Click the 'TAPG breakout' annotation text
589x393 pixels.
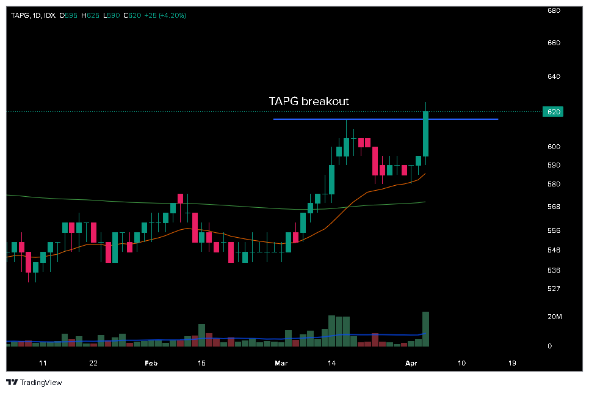point(309,101)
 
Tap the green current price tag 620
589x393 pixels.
point(554,112)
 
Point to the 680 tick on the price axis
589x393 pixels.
point(554,10)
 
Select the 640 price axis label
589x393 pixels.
point(554,76)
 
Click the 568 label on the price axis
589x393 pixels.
point(554,207)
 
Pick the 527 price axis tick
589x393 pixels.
point(554,288)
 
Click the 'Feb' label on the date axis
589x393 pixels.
point(151,362)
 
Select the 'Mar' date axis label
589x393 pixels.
point(281,362)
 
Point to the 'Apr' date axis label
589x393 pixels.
point(410,362)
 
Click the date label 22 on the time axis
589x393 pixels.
point(93,362)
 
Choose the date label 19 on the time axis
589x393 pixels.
point(512,362)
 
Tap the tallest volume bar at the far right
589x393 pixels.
point(425,329)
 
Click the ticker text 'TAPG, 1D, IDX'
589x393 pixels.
point(32,15)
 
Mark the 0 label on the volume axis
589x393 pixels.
point(549,346)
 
